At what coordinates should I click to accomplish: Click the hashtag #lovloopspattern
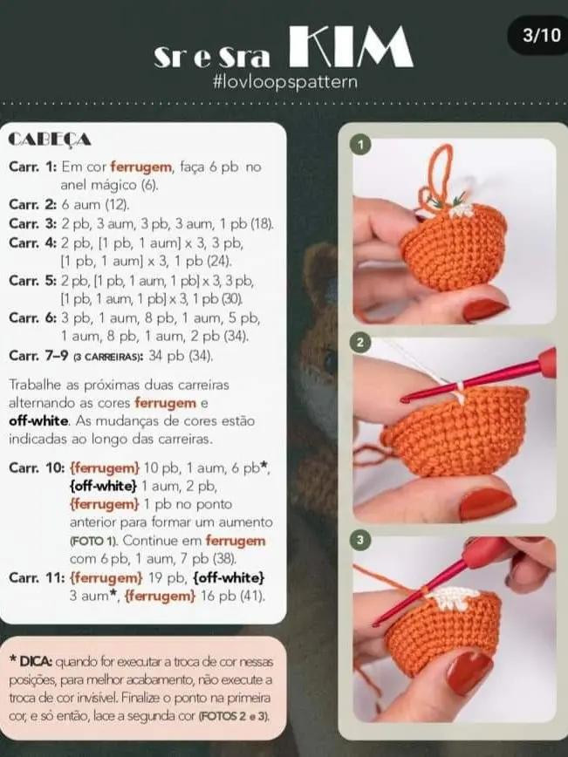(284, 81)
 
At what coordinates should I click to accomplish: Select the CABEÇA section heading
(50, 140)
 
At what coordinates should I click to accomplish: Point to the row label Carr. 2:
(31, 204)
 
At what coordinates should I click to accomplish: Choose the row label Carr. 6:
(31, 318)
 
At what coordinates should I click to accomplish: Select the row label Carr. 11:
(35, 577)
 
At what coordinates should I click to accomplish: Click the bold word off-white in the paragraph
(38, 421)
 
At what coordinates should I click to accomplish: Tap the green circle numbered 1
(360, 143)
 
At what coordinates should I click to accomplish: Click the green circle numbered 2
(360, 343)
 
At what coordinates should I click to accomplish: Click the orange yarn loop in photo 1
(441, 174)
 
